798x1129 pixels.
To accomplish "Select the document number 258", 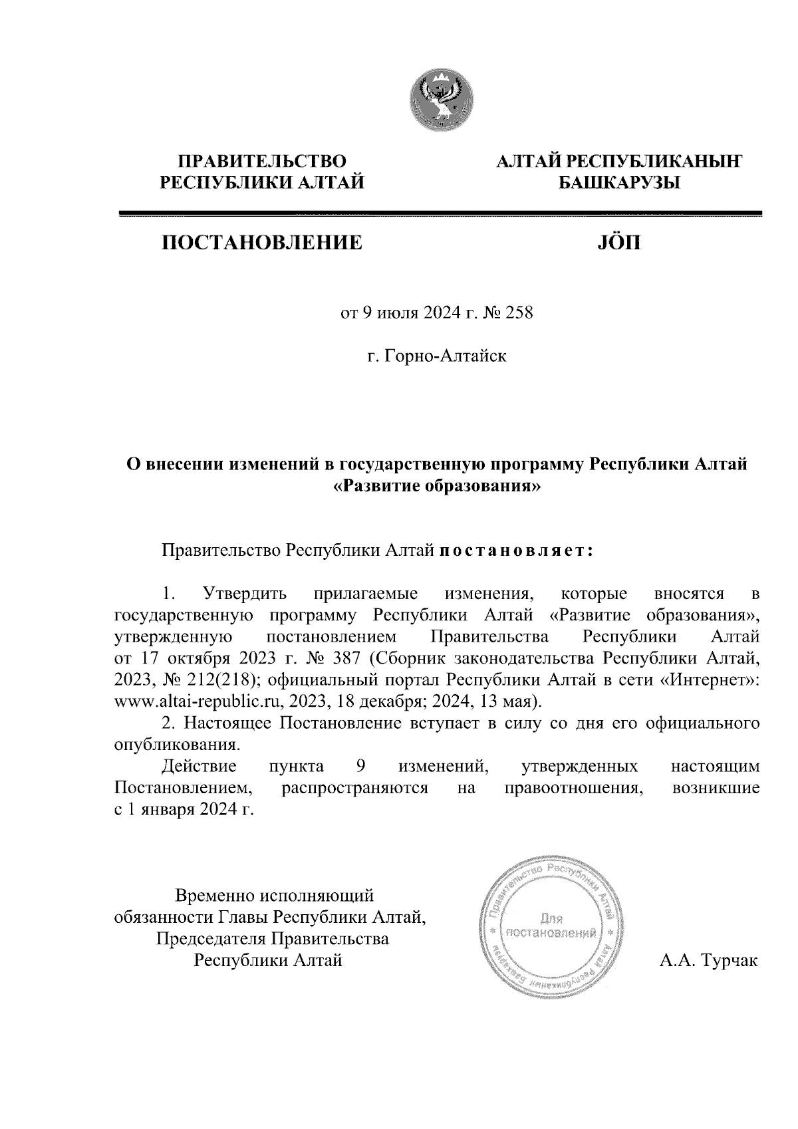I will [520, 313].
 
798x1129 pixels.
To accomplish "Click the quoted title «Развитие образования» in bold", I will [437, 486].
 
